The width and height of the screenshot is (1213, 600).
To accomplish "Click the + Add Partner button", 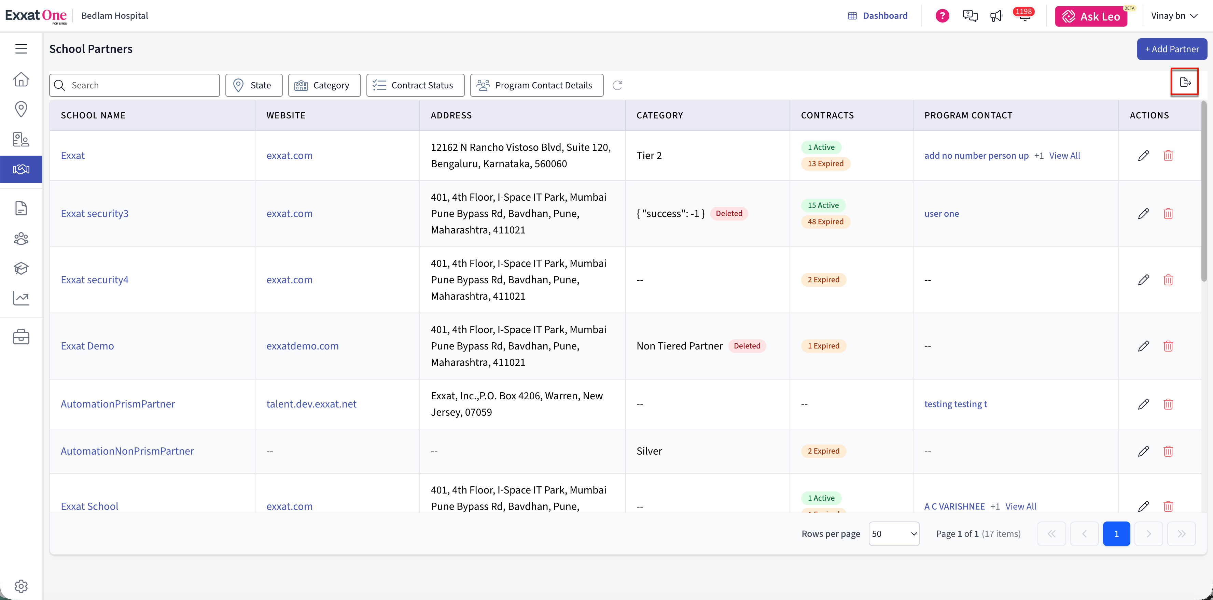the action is pyautogui.click(x=1172, y=49).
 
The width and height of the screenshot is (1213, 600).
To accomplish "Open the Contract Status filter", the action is pyautogui.click(x=415, y=85).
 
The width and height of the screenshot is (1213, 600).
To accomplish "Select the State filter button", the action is pyautogui.click(x=254, y=85).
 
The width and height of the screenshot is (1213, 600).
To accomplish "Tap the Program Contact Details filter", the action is pyautogui.click(x=537, y=85).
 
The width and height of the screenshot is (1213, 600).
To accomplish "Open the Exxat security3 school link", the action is pyautogui.click(x=95, y=214).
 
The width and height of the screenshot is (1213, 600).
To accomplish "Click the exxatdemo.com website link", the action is pyautogui.click(x=302, y=346).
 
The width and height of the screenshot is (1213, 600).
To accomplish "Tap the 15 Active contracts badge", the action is pyautogui.click(x=823, y=205).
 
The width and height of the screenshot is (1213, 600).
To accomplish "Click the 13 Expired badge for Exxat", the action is pyautogui.click(x=825, y=163).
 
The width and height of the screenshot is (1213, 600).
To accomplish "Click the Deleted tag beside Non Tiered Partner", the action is pyautogui.click(x=747, y=346).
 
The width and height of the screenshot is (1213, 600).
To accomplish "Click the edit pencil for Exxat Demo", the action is pyautogui.click(x=1143, y=346).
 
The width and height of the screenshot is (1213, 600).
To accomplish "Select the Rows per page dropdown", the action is pyautogui.click(x=894, y=534).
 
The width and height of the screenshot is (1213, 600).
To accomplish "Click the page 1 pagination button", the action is pyautogui.click(x=1116, y=534).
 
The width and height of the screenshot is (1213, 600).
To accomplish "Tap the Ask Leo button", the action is pyautogui.click(x=1091, y=16).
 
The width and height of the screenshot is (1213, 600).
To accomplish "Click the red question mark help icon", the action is pyautogui.click(x=942, y=16).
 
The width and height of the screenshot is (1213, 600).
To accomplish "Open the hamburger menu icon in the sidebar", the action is pyautogui.click(x=21, y=49).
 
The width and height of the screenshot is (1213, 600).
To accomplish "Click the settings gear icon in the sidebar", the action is pyautogui.click(x=21, y=586).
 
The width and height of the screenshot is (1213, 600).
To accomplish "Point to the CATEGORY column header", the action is pyautogui.click(x=659, y=115).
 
